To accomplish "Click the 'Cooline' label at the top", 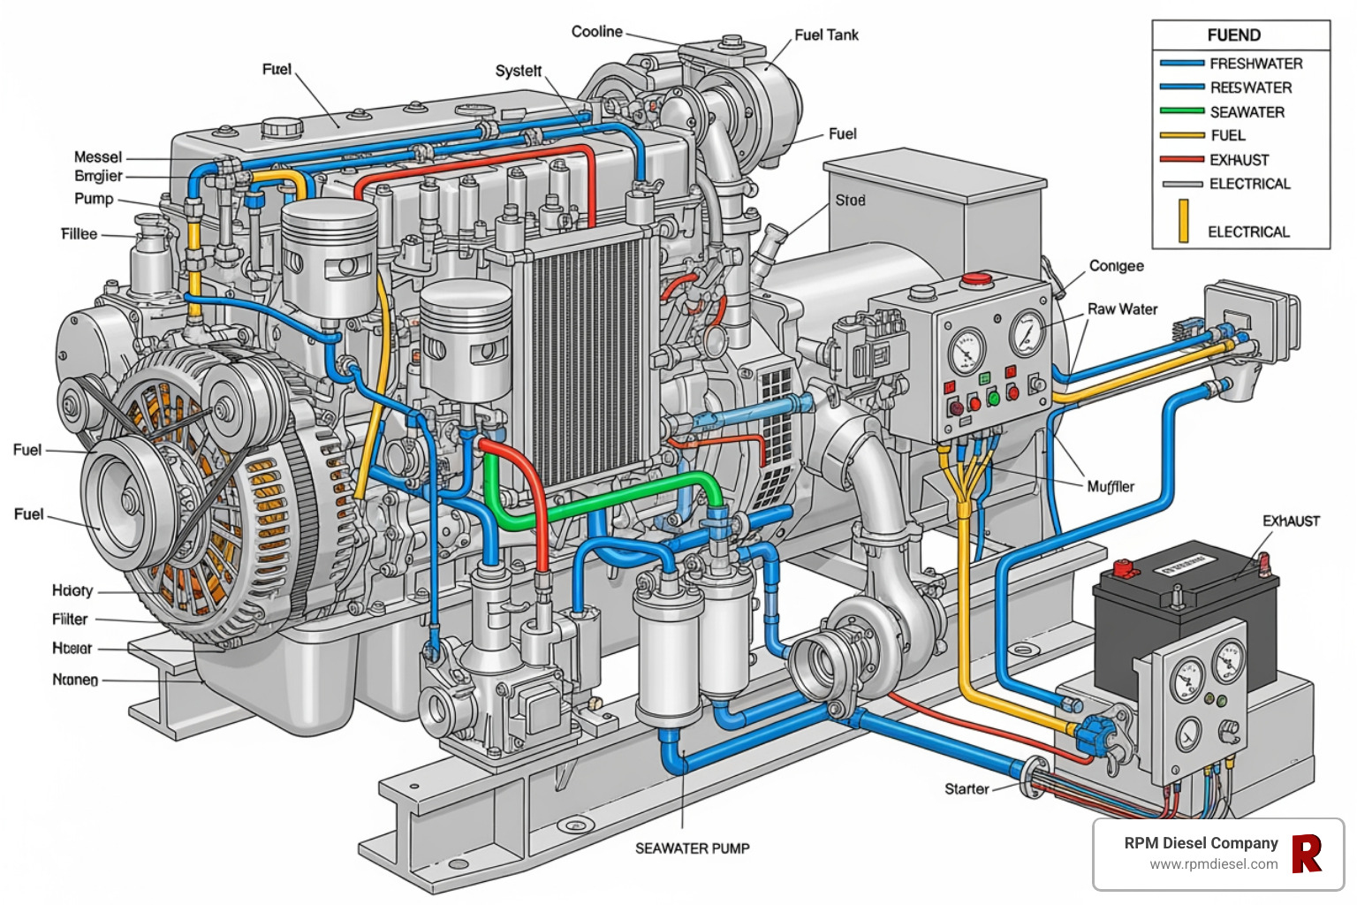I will click(x=596, y=32).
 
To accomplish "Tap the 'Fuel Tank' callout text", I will click(x=826, y=35).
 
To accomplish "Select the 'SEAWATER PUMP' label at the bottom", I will click(x=692, y=848).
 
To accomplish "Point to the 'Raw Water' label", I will click(x=1122, y=309).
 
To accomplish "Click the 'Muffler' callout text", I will click(x=1111, y=487).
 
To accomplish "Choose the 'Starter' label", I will click(x=967, y=789).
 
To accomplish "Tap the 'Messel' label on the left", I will click(x=98, y=157).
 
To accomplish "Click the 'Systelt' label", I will click(x=518, y=71).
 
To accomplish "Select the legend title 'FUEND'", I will click(x=1233, y=35).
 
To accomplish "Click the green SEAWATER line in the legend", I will click(x=1182, y=111).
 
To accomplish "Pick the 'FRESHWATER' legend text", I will click(x=1255, y=64).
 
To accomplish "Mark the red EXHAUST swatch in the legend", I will click(x=1182, y=160).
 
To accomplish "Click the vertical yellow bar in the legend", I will click(x=1183, y=221).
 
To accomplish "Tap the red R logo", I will click(x=1307, y=854).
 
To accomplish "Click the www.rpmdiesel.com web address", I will click(x=1213, y=864).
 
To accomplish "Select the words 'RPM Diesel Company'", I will click(x=1201, y=843).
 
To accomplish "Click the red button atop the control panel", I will click(x=976, y=280).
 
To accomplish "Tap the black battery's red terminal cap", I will click(x=1126, y=567).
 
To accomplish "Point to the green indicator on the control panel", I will click(x=993, y=399).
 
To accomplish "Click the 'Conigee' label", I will click(x=1116, y=266).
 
